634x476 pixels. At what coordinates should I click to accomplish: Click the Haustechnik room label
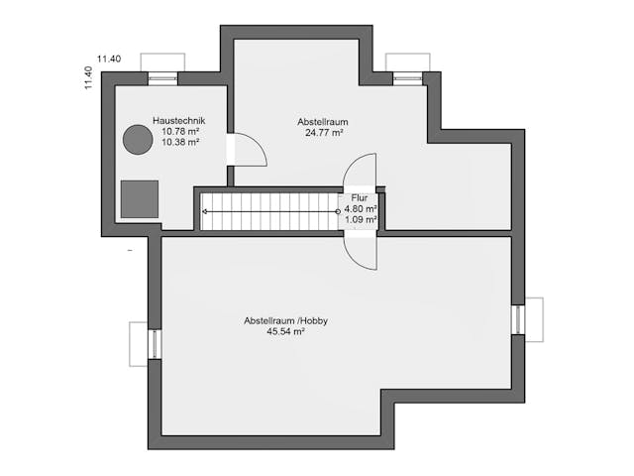[x=178, y=121]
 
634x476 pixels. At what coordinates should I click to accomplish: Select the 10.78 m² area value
[x=180, y=131]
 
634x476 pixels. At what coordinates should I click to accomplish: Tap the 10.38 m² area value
[x=180, y=142]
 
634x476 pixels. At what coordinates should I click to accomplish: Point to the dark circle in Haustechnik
[x=138, y=140]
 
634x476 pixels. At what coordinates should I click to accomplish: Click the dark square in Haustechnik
[x=140, y=199]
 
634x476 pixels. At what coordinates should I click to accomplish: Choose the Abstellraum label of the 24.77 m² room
[x=323, y=122]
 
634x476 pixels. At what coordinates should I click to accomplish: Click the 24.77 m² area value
[x=324, y=132]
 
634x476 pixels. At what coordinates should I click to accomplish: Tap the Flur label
[x=360, y=198]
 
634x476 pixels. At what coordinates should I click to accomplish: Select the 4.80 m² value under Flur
[x=361, y=209]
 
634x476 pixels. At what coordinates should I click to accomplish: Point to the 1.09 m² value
[x=361, y=219]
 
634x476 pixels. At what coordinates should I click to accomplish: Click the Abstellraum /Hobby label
[x=285, y=321]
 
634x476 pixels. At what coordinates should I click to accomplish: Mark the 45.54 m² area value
[x=285, y=331]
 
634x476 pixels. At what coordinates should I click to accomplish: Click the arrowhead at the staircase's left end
[x=205, y=211]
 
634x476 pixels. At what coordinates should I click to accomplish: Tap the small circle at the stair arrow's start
[x=338, y=211]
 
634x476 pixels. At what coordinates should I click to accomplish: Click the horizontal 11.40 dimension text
[x=109, y=59]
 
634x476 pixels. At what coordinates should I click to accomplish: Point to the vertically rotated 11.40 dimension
[x=88, y=77]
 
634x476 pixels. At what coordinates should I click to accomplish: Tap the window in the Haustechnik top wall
[x=162, y=78]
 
